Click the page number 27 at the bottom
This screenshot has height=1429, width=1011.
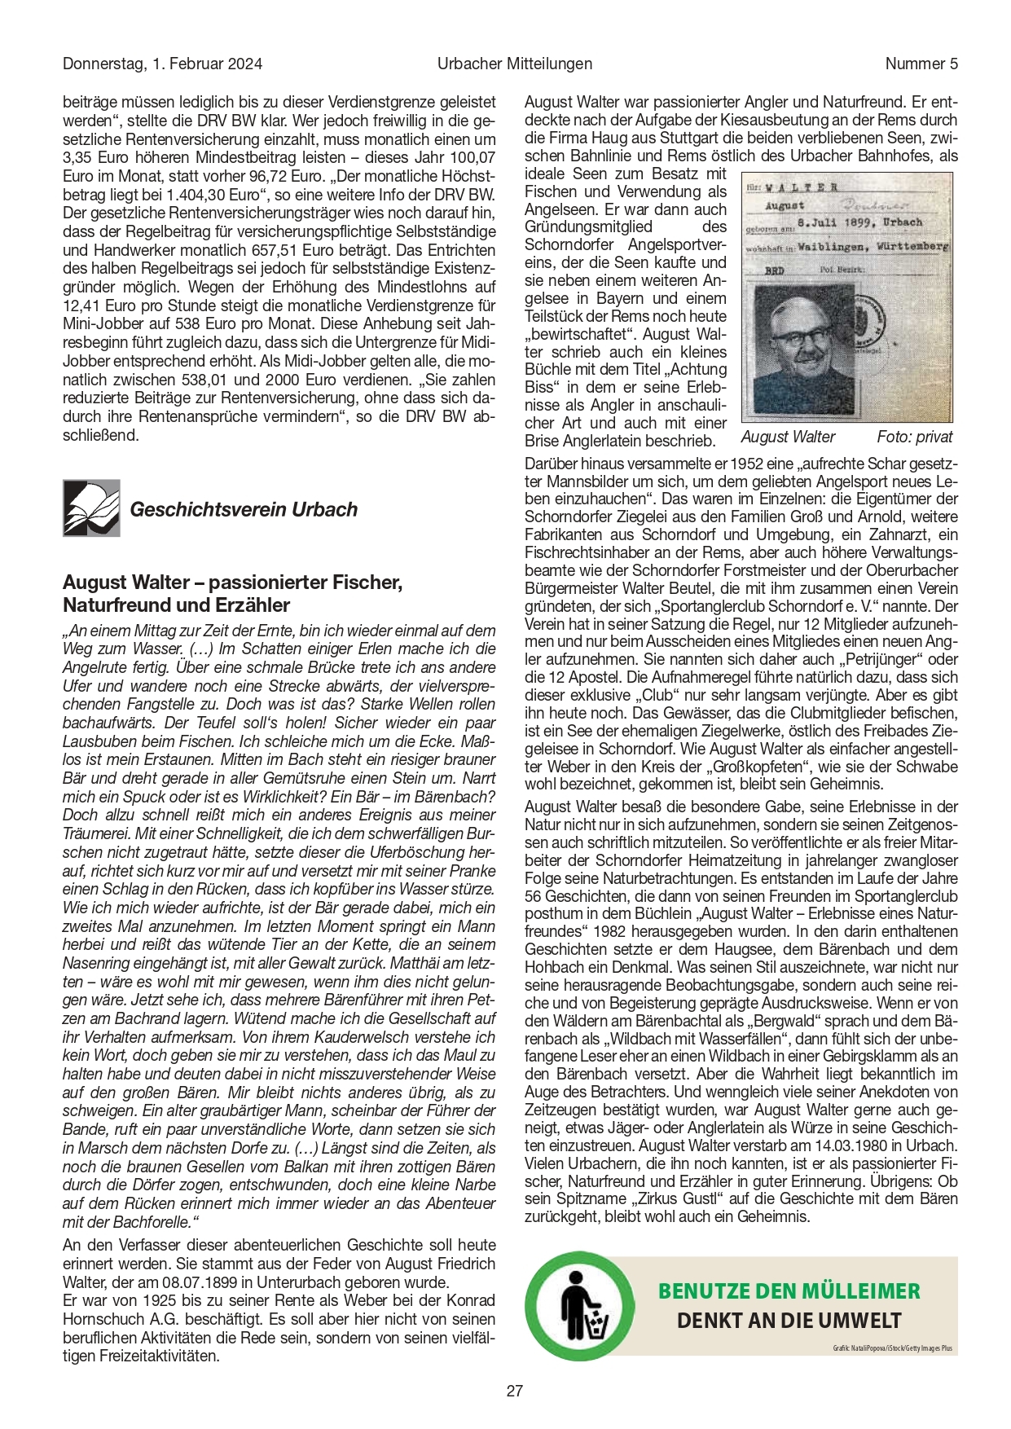coord(514,1391)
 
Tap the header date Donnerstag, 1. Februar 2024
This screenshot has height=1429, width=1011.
coord(162,64)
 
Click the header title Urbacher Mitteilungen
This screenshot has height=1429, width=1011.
coord(514,64)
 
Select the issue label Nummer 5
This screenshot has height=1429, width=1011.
coord(921,64)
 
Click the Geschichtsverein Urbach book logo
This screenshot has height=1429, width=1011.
coord(91,508)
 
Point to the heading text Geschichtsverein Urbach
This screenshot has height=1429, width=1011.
coord(244,510)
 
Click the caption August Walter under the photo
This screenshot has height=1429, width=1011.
coord(788,437)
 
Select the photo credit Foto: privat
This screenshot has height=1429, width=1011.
coord(914,437)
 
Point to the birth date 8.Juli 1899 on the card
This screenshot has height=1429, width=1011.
coord(847,222)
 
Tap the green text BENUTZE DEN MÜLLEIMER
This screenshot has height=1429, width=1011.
coord(789,1291)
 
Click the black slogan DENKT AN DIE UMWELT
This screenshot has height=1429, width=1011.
coord(789,1321)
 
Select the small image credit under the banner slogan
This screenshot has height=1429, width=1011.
coord(892,1349)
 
